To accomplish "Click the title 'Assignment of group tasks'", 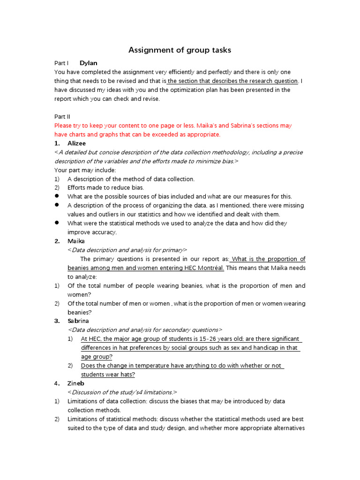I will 180,50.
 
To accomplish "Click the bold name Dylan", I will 89,63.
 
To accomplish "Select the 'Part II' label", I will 62,117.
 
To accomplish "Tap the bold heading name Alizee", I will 77,143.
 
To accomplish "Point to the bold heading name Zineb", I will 76,383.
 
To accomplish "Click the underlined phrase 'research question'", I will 274,81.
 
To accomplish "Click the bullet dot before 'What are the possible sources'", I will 57,196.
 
